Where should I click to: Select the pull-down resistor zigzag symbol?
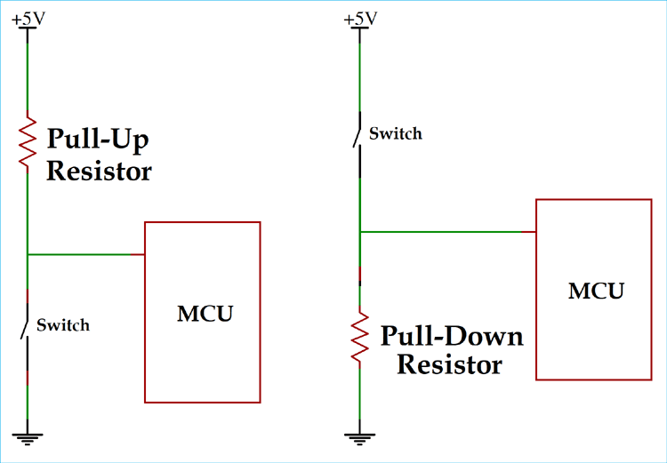(359, 335)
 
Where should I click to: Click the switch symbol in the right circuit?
(357, 133)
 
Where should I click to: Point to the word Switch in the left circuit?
(62, 325)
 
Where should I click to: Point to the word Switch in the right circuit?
(395, 134)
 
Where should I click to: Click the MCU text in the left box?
(205, 313)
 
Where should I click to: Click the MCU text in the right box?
(596, 291)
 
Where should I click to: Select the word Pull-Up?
(98, 140)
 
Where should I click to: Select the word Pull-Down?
(452, 337)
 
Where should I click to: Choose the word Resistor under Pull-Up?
(99, 171)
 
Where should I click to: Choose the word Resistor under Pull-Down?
(449, 364)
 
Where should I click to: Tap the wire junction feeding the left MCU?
(28, 255)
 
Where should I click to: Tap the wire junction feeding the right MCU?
(359, 233)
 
